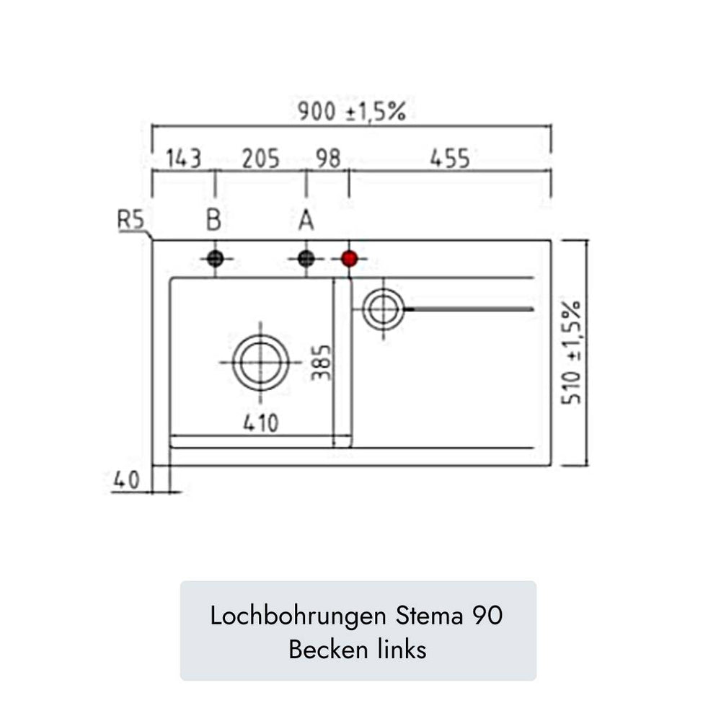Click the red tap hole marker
(x=350, y=259)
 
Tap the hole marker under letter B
(x=215, y=259)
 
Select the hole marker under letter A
(x=306, y=259)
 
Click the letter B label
(x=214, y=220)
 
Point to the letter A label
(x=306, y=220)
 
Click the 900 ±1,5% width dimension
(x=352, y=111)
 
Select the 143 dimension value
(x=183, y=159)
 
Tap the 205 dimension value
(x=261, y=159)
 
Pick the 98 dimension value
(x=328, y=159)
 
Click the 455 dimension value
(x=450, y=159)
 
